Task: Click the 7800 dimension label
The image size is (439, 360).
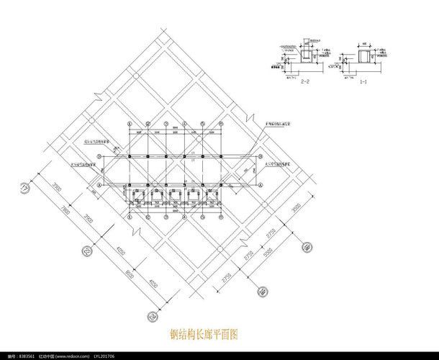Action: [x=65, y=213]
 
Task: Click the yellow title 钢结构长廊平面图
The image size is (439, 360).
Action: [x=204, y=335]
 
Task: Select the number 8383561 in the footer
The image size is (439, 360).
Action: [x=27, y=356]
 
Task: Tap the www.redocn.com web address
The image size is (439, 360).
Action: [x=76, y=356]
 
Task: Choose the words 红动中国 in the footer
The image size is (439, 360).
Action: [x=48, y=356]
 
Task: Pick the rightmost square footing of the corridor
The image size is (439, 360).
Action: [x=212, y=194]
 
